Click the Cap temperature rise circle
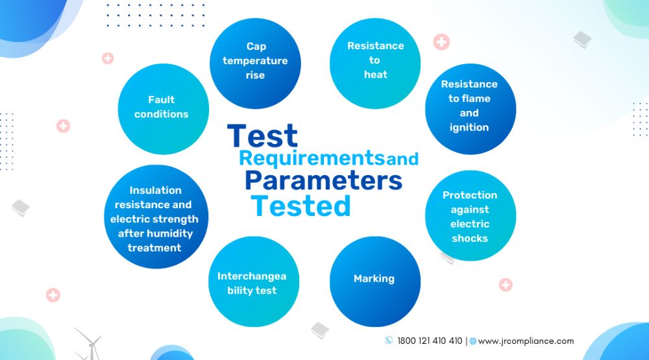tap(255, 64)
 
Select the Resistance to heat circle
tap(375, 64)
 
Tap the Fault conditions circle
tap(164, 109)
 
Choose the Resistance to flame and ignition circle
tap(471, 109)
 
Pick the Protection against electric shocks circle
tap(471, 215)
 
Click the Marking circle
tap(375, 282)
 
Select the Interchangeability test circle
tap(254, 282)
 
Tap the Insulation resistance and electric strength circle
tap(156, 217)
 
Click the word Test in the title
tap(262, 136)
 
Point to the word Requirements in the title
tap(312, 158)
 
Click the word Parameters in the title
tap(323, 180)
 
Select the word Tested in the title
tap(301, 206)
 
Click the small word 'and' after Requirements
tap(402, 159)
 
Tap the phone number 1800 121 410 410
tap(430, 341)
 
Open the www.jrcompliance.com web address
tap(526, 341)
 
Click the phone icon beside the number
tap(389, 340)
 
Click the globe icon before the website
tap(472, 341)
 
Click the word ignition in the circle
tap(469, 127)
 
